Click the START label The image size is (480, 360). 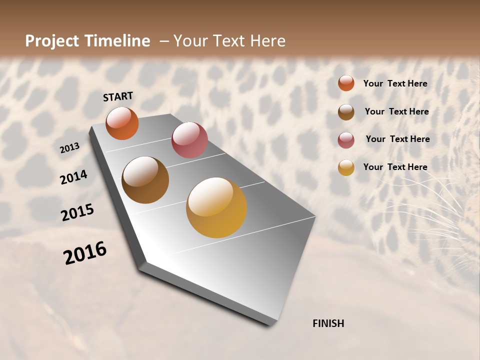118,96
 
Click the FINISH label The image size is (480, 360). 328,323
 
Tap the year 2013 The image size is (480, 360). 70,148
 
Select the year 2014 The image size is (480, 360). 74,177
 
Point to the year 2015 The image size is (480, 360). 77,212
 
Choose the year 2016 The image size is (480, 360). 85,253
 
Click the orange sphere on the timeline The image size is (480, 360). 122,123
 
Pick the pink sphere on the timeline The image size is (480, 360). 189,140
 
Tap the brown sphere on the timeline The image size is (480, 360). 145,180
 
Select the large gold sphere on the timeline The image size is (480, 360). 216,207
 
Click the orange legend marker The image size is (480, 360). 346,83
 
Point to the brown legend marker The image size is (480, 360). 346,112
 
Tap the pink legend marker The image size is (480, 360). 346,140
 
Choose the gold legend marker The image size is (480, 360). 346,167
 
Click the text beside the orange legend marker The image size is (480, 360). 395,83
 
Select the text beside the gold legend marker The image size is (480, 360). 395,167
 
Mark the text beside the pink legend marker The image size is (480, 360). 397,139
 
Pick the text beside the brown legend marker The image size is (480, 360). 396,111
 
